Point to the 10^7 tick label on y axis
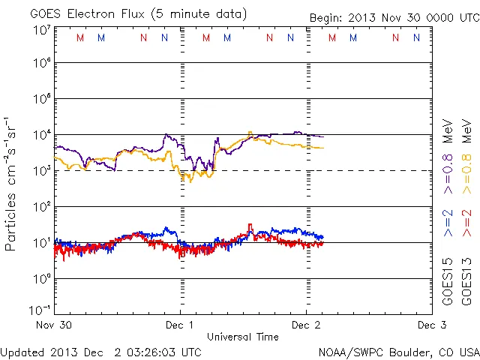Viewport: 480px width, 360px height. (x=41, y=30)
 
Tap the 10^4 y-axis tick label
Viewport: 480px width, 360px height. (x=41, y=134)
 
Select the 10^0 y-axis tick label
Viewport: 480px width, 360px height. (x=41, y=279)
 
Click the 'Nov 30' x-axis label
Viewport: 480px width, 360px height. (x=53, y=325)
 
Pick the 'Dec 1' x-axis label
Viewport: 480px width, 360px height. (x=180, y=325)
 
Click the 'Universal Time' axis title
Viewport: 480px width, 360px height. (x=243, y=337)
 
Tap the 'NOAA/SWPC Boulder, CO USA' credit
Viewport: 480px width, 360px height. (x=398, y=352)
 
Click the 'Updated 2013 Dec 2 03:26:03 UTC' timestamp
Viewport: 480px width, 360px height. (x=100, y=352)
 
